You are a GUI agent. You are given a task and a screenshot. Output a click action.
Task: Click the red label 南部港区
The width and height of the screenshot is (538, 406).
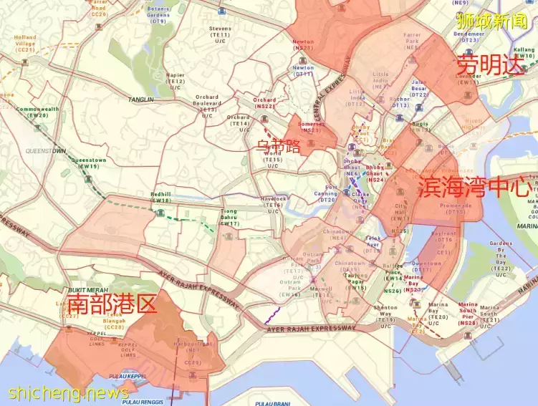tap(111, 304)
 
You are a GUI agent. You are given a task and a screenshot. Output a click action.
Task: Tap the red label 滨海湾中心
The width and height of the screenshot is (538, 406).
tap(474, 188)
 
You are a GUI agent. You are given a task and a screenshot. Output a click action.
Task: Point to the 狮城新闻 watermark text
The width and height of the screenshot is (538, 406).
tap(491, 20)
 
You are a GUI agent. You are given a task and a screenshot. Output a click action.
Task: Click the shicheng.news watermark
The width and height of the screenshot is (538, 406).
tap(69, 393)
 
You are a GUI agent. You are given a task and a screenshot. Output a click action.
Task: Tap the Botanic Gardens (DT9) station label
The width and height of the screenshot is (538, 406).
tap(158, 14)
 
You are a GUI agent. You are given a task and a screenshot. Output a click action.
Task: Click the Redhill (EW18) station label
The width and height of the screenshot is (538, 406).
tap(161, 198)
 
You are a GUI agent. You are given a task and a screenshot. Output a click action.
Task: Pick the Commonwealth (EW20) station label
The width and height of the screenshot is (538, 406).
tap(37, 112)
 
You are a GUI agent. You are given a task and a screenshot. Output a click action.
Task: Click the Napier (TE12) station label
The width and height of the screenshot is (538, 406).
tap(176, 82)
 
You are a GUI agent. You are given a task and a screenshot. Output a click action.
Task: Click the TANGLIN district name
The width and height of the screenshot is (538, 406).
tap(143, 99)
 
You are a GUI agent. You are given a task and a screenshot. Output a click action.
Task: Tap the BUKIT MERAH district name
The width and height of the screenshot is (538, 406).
tap(87, 289)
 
